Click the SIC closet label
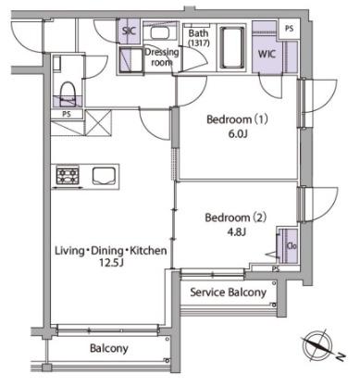(x=130, y=31)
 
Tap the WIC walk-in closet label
(x=267, y=55)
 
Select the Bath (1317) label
(x=199, y=38)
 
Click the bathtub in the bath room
(x=232, y=47)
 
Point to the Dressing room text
(x=162, y=57)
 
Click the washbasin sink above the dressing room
(x=159, y=32)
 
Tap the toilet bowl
(x=68, y=92)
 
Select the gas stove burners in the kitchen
(x=68, y=176)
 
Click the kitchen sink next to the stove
(x=105, y=176)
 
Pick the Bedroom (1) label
(x=237, y=119)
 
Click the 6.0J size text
(x=238, y=134)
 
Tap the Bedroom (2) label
(x=236, y=218)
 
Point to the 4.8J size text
(x=236, y=231)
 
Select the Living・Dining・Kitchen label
(x=111, y=251)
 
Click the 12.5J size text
(x=111, y=263)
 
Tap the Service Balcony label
(x=229, y=293)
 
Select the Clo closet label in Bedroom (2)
(x=292, y=246)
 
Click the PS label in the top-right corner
(x=289, y=29)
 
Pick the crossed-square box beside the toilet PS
(x=98, y=122)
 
